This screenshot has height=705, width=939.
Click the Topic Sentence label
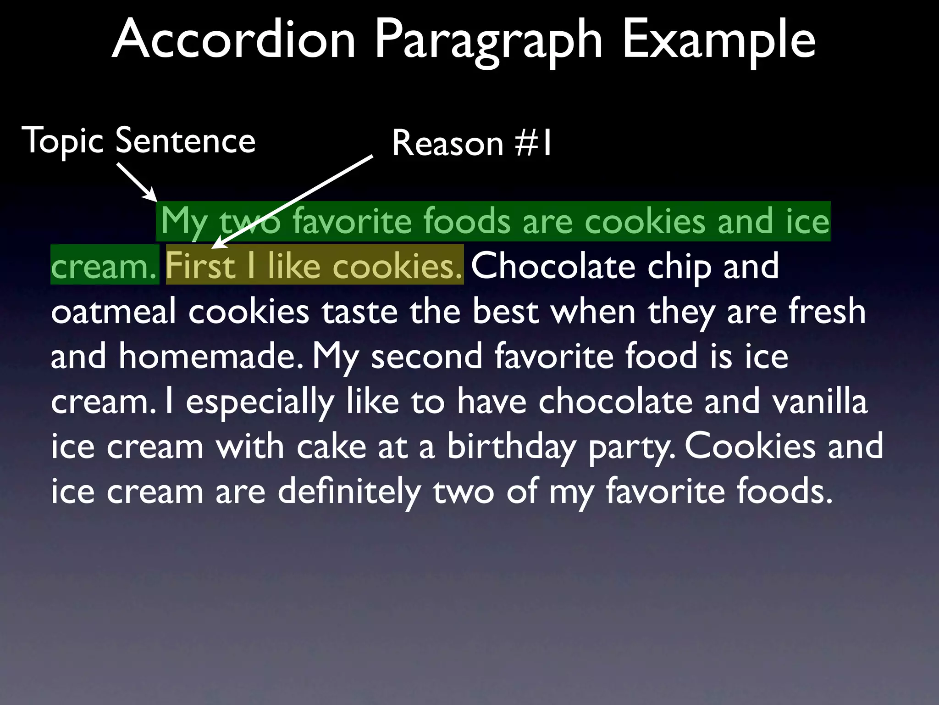[x=138, y=141]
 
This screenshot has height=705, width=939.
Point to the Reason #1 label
[x=472, y=143]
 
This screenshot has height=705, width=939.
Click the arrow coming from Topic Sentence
[x=137, y=182]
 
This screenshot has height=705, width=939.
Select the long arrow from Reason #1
[x=293, y=202]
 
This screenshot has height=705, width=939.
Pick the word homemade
[x=210, y=356]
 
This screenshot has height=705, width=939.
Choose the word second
[x=427, y=356]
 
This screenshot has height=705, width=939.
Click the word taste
[x=359, y=312]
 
